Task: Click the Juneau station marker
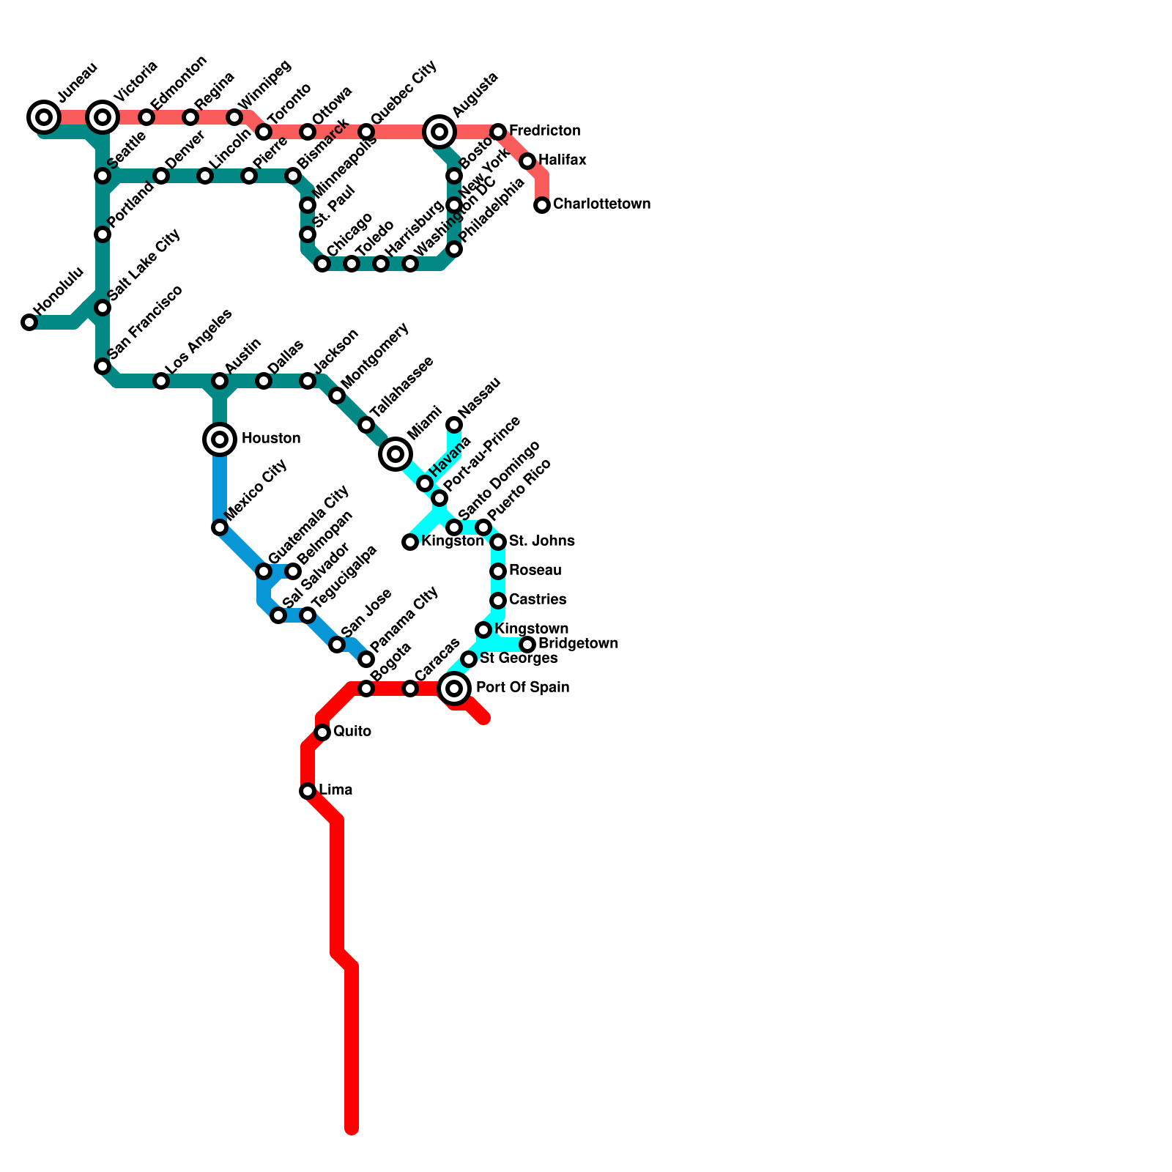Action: click(44, 116)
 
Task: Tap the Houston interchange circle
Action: click(220, 439)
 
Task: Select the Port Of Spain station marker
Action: click(454, 688)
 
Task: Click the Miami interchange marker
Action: click(396, 454)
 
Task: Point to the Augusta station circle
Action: click(439, 132)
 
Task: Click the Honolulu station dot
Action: click(29, 322)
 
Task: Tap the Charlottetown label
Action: click(601, 204)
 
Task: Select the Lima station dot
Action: click(308, 791)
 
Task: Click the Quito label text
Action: click(352, 732)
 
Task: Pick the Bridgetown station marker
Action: click(527, 645)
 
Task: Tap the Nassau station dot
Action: click(454, 425)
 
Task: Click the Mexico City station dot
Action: click(220, 527)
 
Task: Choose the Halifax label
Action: click(562, 160)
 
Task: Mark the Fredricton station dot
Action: click(498, 132)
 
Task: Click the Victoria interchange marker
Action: click(103, 116)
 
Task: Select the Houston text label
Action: click(270, 439)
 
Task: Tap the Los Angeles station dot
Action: click(161, 381)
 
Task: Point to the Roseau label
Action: click(535, 571)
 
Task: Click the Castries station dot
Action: click(498, 601)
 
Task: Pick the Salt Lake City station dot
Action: click(103, 308)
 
